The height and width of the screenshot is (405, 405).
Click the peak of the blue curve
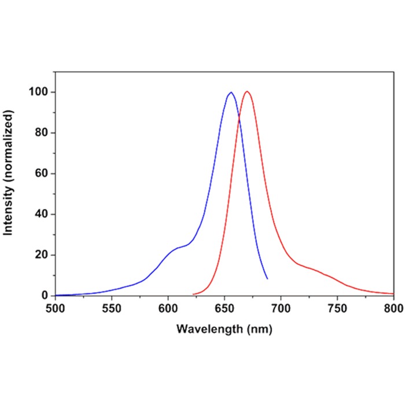pos(231,93)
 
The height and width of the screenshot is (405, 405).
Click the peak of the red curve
pos(247,92)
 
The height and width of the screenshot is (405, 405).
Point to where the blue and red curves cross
pos(239,119)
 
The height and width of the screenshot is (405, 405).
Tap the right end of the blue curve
pos(267,279)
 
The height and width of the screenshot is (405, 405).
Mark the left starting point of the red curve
pos(193,294)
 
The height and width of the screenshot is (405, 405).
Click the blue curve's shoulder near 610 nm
pos(179,248)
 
